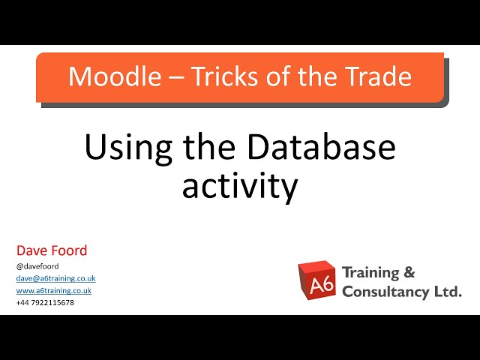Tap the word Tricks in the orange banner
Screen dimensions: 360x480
pyautogui.click(x=217, y=76)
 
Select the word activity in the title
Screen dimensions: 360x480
pyautogui.click(x=240, y=185)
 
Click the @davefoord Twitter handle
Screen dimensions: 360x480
pyautogui.click(x=37, y=265)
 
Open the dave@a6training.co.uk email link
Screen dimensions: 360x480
pyautogui.click(x=55, y=278)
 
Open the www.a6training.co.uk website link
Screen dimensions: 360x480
pyautogui.click(x=54, y=290)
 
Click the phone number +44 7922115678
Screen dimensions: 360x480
pyautogui.click(x=45, y=302)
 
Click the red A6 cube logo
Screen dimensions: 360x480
pyautogui.click(x=316, y=281)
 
